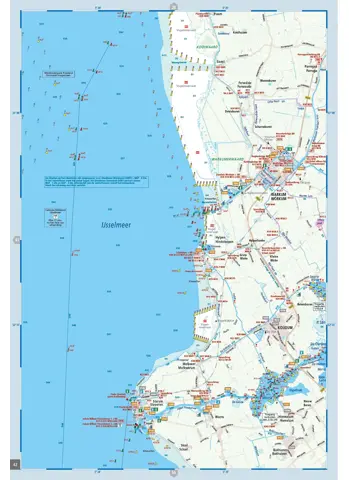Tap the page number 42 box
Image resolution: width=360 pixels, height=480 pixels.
point(14,462)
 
